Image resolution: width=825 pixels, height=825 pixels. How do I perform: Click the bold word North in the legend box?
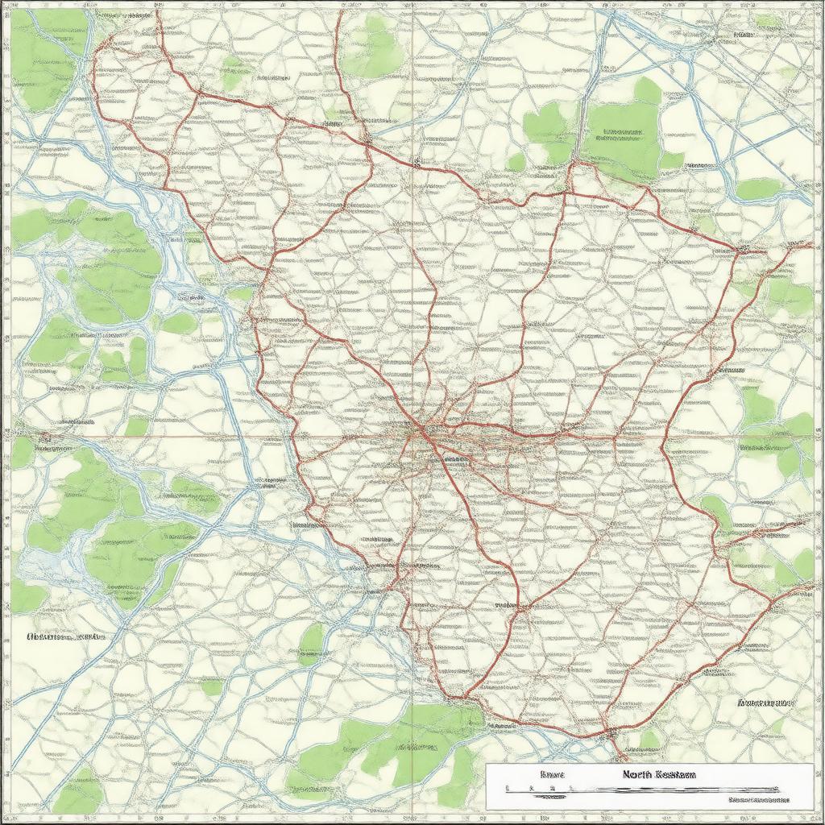637,774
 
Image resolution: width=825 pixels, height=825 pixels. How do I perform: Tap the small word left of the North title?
552,774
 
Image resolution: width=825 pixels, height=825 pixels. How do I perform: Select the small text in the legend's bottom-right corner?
757,800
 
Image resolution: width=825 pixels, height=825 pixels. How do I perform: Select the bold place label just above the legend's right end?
762,702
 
